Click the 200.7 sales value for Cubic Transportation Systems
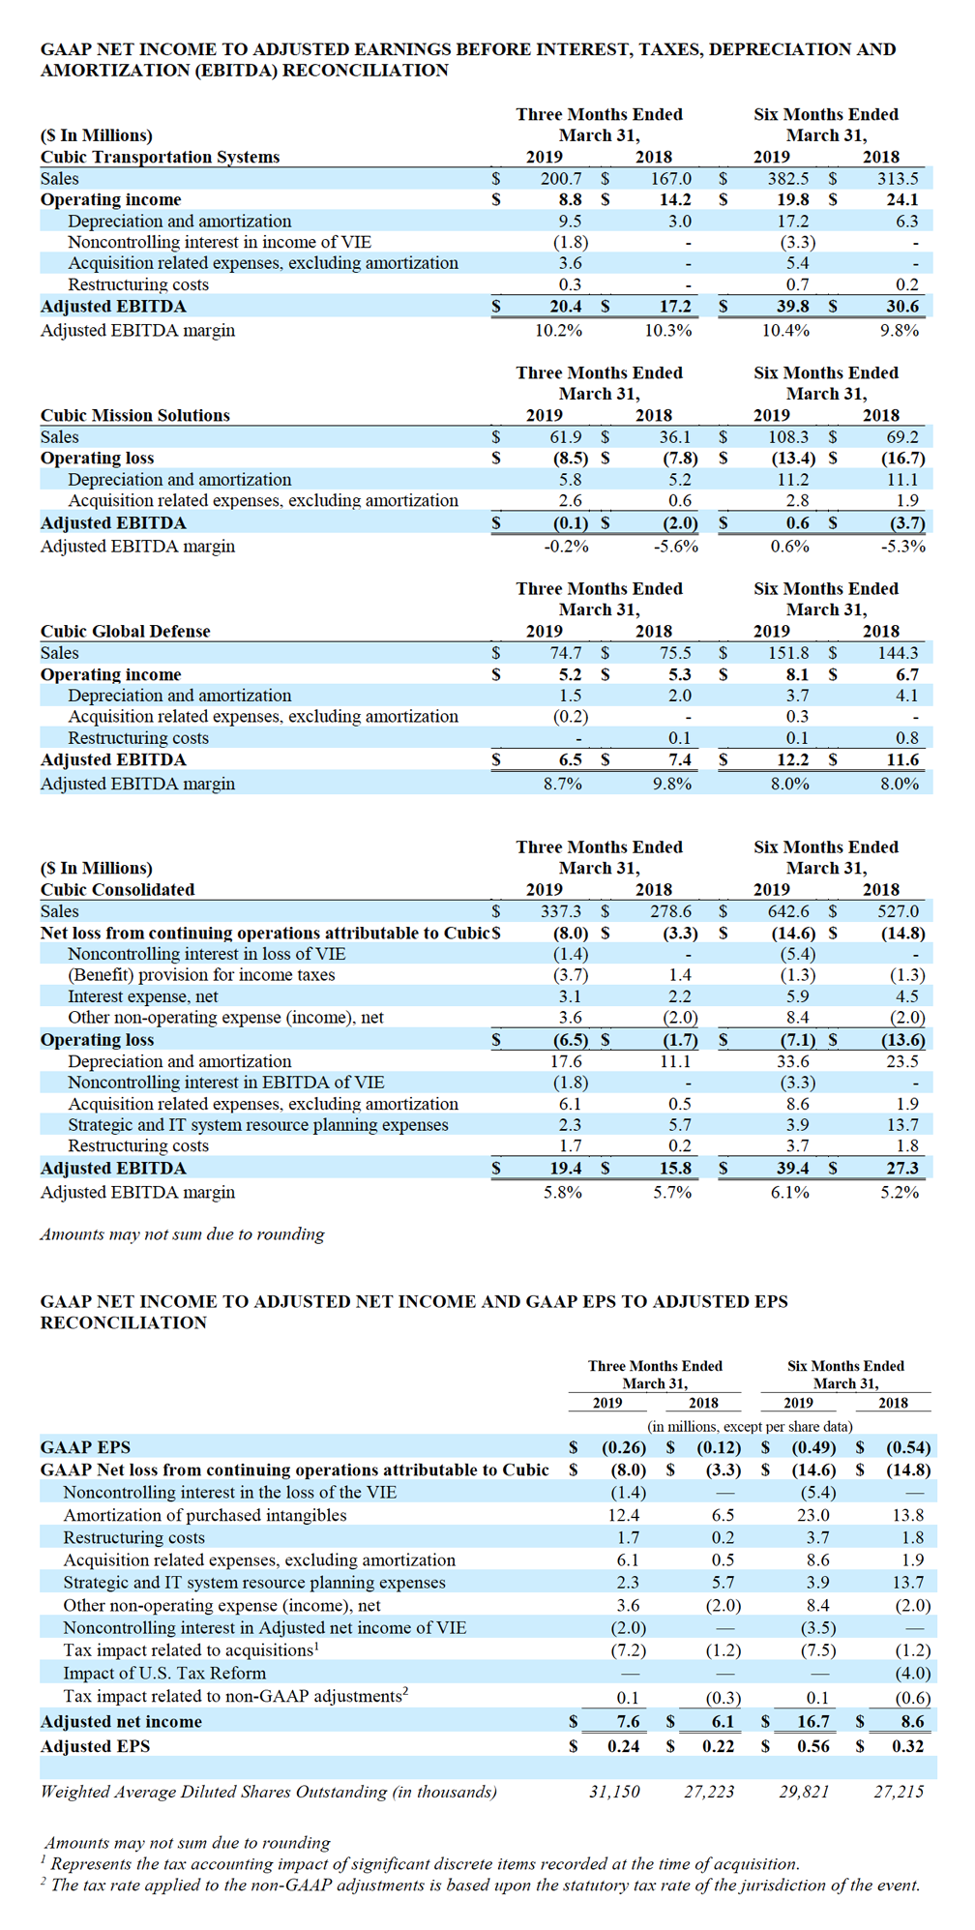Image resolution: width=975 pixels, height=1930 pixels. point(561,178)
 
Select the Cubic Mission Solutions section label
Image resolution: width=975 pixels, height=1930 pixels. point(134,415)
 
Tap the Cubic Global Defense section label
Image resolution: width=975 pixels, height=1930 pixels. point(125,631)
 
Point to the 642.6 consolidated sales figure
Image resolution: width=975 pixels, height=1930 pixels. point(789,911)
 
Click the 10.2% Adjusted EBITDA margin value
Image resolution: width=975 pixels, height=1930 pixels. point(558,330)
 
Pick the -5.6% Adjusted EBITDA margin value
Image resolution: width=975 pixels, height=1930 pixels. point(674,546)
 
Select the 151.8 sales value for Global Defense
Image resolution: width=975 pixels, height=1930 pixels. point(789,653)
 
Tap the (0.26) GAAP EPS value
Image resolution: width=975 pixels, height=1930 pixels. point(624,1447)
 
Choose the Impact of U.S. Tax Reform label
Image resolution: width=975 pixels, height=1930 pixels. point(164,1673)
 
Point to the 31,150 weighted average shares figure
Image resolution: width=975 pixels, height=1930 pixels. point(614,1792)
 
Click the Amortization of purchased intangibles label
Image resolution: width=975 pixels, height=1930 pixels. point(204,1515)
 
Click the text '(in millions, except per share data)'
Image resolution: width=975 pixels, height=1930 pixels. point(750,1426)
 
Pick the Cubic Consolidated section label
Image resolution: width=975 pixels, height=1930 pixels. point(117,889)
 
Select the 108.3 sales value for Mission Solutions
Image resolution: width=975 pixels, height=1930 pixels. point(789,437)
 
